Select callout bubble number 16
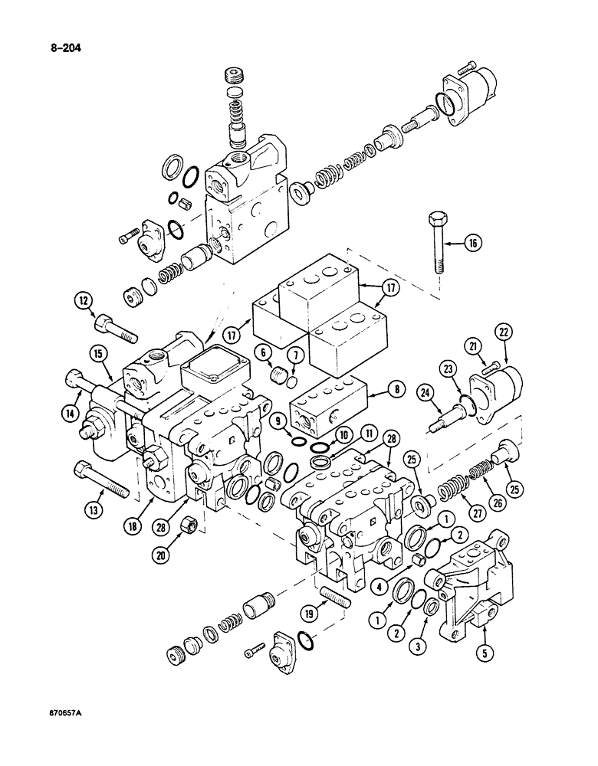pyautogui.click(x=472, y=244)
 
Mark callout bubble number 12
pyautogui.click(x=84, y=301)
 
